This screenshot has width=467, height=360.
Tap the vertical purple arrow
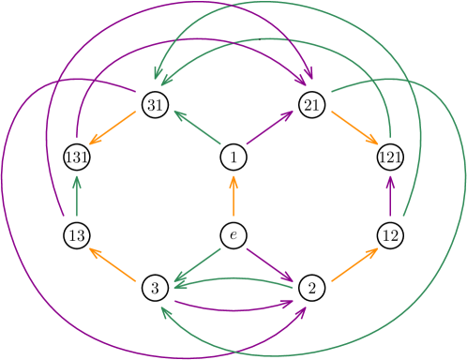[x=390, y=195]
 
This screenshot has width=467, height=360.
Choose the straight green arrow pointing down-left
[x=197, y=264]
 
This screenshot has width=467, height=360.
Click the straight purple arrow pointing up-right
[x=271, y=127]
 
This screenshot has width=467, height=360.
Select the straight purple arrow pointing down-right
[x=271, y=264]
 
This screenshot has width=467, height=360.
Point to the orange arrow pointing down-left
[x=113, y=128]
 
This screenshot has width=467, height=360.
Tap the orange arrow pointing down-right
[x=354, y=128]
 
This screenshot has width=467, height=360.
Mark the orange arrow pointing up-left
[x=113, y=264]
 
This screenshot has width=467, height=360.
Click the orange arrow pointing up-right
[x=354, y=264]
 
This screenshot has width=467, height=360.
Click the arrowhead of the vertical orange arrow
[x=233, y=177]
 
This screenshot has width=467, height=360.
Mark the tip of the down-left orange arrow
[x=91, y=143]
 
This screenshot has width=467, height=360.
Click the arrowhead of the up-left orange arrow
[x=91, y=249]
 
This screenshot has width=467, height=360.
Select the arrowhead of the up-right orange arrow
[x=376, y=249]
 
